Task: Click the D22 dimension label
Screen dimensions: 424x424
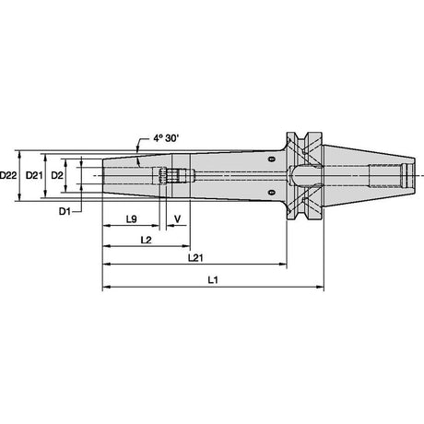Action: point(8,175)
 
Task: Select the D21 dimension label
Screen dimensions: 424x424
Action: point(34,175)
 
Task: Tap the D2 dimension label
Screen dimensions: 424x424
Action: point(57,175)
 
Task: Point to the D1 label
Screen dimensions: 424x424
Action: point(65,211)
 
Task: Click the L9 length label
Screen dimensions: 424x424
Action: point(131,219)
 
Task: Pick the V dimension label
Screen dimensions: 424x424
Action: point(177,219)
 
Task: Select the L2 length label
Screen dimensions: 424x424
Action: point(147,240)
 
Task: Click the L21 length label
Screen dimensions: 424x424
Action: point(195,258)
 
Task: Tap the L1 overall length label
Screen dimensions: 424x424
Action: point(213,280)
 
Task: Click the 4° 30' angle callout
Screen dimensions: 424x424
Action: point(166,138)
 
